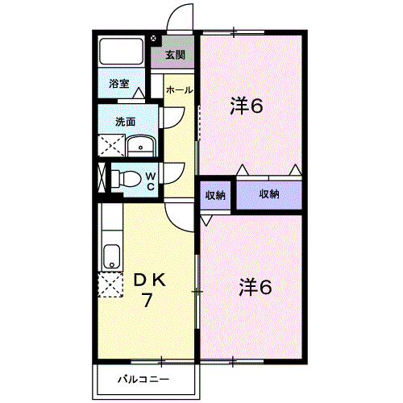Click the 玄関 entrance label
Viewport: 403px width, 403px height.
coord(175,55)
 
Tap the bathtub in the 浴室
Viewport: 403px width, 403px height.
coord(122,52)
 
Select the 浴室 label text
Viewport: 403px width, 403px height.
coord(119,84)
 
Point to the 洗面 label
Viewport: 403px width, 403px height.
coord(125,122)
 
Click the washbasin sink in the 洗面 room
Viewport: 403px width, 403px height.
coord(141,147)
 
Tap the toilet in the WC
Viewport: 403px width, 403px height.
coord(127,179)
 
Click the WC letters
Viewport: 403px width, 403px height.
coord(151,181)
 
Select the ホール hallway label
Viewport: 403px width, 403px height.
coord(179,90)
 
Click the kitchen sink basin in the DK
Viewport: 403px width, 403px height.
coord(112,256)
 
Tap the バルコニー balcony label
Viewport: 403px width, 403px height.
coord(143,380)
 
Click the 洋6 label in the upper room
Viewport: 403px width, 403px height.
coord(247,106)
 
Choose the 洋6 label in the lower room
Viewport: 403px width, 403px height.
coord(256,287)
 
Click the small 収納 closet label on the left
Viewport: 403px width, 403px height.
coord(215,195)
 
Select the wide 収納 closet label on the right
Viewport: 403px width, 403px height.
coord(269,193)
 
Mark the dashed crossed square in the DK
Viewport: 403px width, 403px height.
coord(110,285)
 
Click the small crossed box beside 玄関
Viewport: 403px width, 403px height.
coord(153,39)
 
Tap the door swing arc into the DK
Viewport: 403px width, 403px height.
coord(175,222)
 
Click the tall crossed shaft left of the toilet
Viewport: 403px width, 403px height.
coord(102,177)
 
